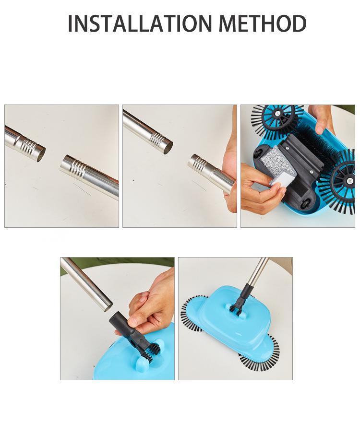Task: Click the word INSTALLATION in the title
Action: [x=140, y=24]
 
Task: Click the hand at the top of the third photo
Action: [x=323, y=115]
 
